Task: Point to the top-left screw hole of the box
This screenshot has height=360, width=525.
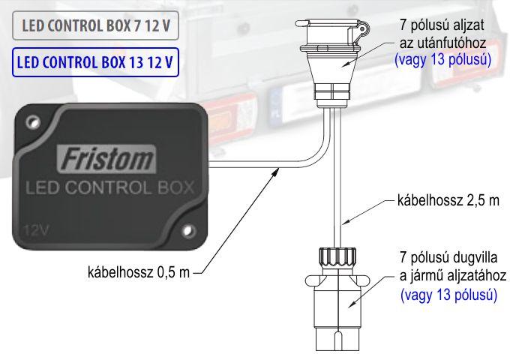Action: pos(33,121)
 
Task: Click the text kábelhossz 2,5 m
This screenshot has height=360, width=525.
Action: pos(448,201)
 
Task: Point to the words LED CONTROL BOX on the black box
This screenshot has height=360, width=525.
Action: pos(109,187)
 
